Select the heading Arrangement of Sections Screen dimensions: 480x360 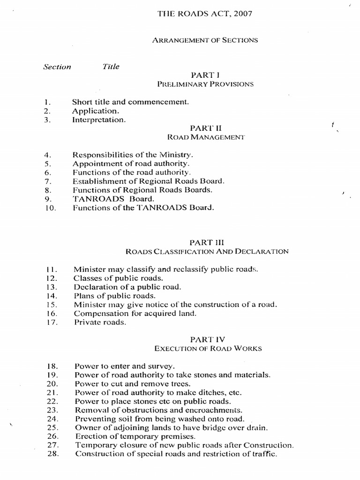tap(205, 40)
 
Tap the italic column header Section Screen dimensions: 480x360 tap(57, 67)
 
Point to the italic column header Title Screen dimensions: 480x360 tap(111, 67)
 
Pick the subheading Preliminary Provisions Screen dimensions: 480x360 tap(205, 84)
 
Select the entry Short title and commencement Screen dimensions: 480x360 tap(130, 101)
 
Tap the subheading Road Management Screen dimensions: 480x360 tap(206, 137)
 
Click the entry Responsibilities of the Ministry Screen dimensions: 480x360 tap(133, 154)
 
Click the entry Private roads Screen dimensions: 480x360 tap(100, 322)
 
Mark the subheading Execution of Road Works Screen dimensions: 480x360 tap(209, 349)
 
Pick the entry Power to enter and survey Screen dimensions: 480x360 tap(125, 366)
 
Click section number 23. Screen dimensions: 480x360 tap(52, 410)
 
